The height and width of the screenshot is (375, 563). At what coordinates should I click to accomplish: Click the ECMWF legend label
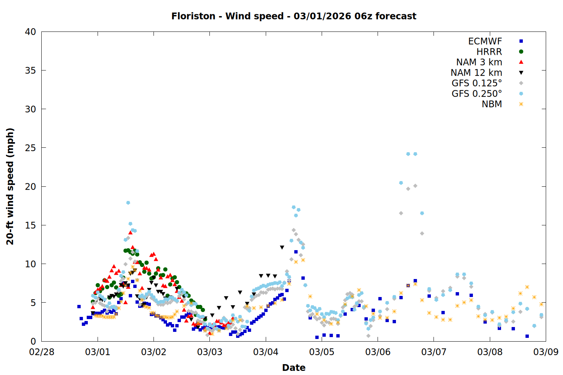(x=485, y=41)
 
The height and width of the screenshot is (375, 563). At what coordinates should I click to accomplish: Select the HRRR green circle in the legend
(x=521, y=52)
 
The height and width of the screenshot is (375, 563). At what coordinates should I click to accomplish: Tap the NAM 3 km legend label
(x=479, y=62)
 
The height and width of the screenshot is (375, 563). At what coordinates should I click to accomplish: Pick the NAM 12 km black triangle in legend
(x=521, y=73)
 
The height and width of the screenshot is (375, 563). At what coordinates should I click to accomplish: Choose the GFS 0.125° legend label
(x=477, y=83)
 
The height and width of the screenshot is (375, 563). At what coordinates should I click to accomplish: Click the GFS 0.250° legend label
(x=477, y=94)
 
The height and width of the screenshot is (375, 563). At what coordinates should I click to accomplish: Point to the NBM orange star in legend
(x=521, y=104)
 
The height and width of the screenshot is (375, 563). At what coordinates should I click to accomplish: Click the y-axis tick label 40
(x=30, y=32)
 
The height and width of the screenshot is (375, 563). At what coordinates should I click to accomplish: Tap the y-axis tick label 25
(x=30, y=148)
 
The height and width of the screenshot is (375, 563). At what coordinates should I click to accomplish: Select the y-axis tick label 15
(x=30, y=225)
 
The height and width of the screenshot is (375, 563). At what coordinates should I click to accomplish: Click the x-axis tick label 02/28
(x=42, y=352)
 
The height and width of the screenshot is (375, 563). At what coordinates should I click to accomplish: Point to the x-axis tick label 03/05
(x=322, y=352)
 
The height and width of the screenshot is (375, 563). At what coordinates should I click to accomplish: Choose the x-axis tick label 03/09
(x=546, y=352)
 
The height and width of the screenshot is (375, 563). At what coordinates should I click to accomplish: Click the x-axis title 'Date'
(x=294, y=367)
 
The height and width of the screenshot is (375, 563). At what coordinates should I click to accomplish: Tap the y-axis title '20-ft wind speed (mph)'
(x=10, y=186)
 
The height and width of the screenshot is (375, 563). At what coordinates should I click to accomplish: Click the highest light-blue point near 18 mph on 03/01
(x=128, y=203)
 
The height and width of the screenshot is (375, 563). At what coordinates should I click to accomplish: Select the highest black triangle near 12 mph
(x=282, y=247)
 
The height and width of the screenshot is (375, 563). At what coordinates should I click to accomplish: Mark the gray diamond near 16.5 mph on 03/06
(x=401, y=213)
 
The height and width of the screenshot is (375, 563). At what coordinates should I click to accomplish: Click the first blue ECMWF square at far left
(x=79, y=306)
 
